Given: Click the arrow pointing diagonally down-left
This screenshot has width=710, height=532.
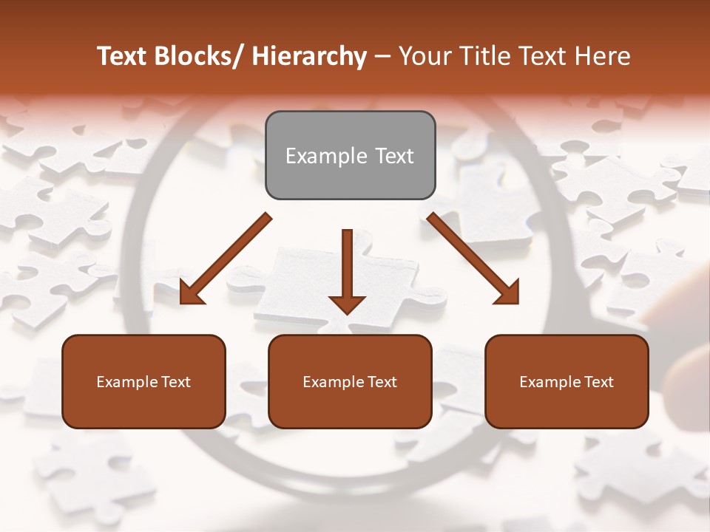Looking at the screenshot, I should (x=226, y=259).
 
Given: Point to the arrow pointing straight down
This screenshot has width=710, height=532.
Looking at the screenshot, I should (x=347, y=266).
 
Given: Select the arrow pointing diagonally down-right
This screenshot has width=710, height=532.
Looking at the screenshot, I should (x=473, y=259).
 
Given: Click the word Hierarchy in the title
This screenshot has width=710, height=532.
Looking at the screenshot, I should (x=309, y=56).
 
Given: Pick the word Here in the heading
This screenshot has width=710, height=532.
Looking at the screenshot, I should (x=603, y=56).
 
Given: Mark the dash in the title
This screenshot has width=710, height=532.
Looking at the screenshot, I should (x=382, y=56).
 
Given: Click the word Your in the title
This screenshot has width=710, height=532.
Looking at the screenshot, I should (x=422, y=56).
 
